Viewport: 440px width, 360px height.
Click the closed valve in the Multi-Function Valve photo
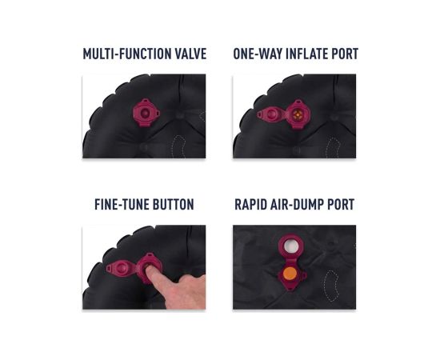[x=146, y=113]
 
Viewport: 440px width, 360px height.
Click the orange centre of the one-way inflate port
[x=298, y=114]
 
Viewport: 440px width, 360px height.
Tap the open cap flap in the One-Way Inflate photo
[x=271, y=114]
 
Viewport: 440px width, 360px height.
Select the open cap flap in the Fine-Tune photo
[x=121, y=268]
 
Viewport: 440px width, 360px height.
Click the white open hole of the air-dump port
[x=291, y=246]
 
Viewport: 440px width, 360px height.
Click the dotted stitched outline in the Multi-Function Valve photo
[x=178, y=146]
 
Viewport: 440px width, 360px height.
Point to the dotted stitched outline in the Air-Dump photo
[x=331, y=286]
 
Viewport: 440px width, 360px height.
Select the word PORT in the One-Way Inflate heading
[x=345, y=54]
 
